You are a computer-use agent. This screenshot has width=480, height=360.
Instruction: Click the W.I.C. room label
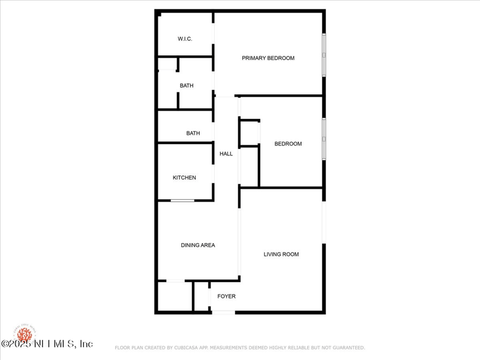(x=185, y=39)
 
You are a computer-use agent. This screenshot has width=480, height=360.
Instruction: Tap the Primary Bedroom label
(x=268, y=58)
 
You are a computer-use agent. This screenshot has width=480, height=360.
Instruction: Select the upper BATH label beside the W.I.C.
(x=187, y=86)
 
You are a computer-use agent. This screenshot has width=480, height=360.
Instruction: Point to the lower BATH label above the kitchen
(x=193, y=133)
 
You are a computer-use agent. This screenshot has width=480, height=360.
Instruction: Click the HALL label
(x=226, y=154)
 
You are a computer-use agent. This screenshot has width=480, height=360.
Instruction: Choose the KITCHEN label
(x=184, y=178)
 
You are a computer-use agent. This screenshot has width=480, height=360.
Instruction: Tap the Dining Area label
(x=198, y=245)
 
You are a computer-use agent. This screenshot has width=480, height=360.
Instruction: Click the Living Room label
(x=281, y=254)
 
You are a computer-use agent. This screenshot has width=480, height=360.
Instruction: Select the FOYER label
(x=226, y=296)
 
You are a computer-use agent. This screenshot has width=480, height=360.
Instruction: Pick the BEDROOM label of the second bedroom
(x=288, y=144)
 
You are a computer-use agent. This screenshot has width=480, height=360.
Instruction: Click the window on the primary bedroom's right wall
(x=324, y=54)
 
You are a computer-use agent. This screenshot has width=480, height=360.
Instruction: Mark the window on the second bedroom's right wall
(x=324, y=139)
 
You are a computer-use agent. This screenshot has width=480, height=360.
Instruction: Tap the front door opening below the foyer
(x=223, y=312)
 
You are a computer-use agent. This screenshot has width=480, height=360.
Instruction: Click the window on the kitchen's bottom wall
(x=182, y=200)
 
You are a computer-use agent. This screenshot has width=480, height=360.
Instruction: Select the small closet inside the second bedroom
(x=249, y=133)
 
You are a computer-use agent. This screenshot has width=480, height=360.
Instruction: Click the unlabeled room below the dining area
(x=175, y=296)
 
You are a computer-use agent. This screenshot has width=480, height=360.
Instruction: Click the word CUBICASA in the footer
(x=191, y=347)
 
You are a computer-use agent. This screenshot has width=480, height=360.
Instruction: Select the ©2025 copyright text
(x=16, y=344)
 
